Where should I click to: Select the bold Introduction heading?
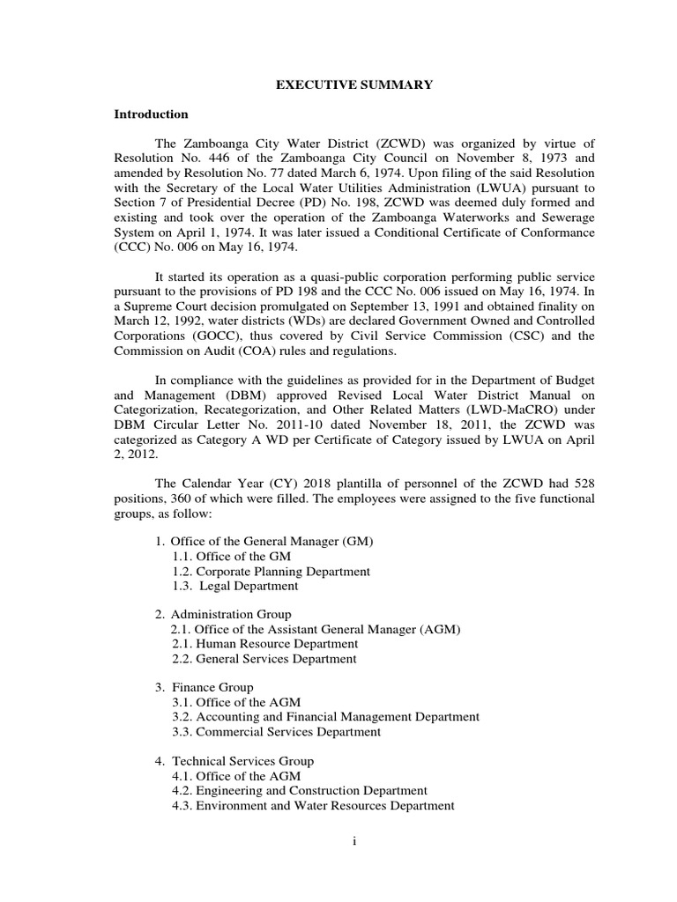pos(151,115)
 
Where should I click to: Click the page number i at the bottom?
pos(354,841)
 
